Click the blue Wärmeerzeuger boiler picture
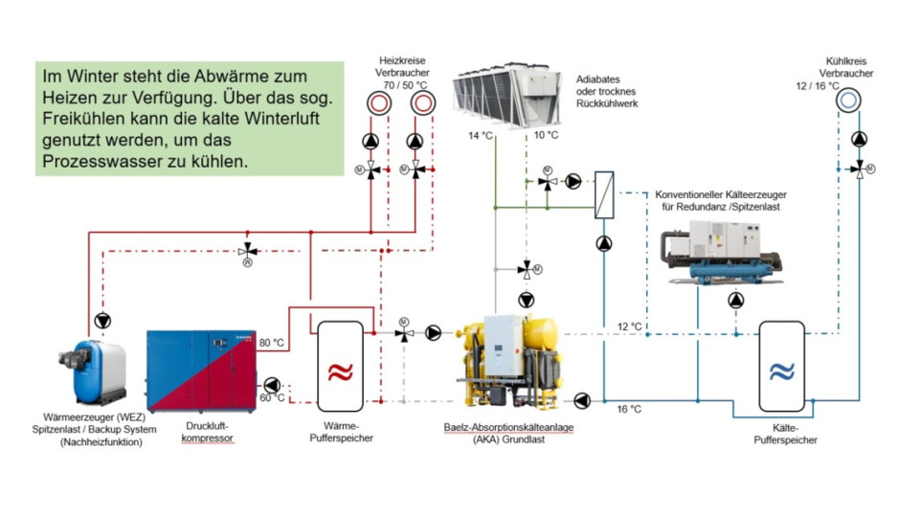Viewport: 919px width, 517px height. [x=101, y=369]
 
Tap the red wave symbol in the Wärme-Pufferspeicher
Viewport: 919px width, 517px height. [x=340, y=371]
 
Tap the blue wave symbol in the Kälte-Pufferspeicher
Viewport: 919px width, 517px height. [x=782, y=371]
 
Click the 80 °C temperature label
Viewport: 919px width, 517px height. [x=272, y=342]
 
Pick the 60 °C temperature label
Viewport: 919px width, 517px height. [x=272, y=397]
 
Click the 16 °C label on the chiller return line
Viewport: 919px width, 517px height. [x=629, y=409]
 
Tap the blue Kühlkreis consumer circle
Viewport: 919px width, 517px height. [x=848, y=100]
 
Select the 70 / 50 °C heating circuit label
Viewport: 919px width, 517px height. [x=403, y=85]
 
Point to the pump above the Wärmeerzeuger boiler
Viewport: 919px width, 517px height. [x=103, y=318]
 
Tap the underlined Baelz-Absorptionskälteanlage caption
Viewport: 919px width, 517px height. [x=508, y=427]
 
